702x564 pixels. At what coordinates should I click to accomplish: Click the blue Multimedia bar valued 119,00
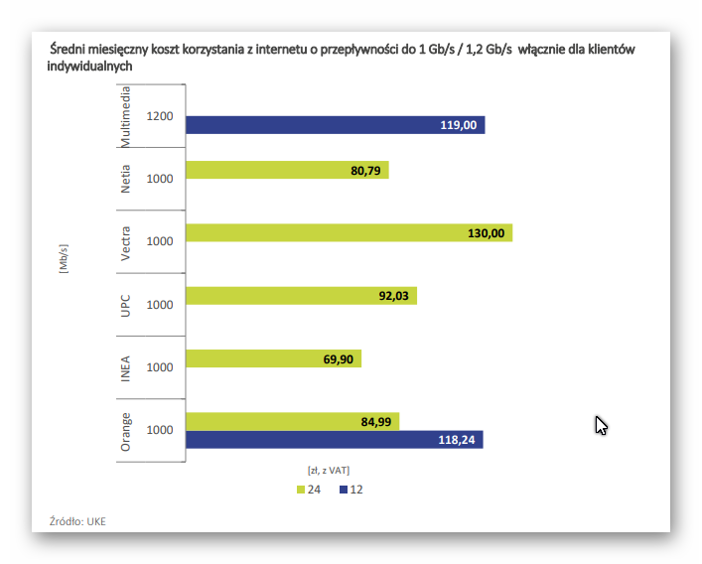335,125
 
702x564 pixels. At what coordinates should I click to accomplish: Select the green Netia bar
286,170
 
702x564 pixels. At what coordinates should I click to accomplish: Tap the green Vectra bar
348,233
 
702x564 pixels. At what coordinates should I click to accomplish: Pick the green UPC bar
301,296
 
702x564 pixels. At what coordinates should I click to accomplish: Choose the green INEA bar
273,358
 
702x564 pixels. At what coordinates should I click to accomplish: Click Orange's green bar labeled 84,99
292,421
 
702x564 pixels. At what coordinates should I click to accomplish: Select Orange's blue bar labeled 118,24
334,440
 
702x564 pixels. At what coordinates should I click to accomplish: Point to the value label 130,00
486,233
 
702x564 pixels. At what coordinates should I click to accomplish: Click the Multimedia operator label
126,116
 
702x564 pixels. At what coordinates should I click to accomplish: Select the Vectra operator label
126,242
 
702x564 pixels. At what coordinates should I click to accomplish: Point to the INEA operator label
126,367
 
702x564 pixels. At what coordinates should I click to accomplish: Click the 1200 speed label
159,116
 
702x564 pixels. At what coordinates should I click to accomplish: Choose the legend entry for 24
307,491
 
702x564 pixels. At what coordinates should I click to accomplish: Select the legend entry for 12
351,491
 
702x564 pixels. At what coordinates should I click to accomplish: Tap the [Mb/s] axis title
63,257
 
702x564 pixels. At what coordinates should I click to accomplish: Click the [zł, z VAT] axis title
328,470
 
